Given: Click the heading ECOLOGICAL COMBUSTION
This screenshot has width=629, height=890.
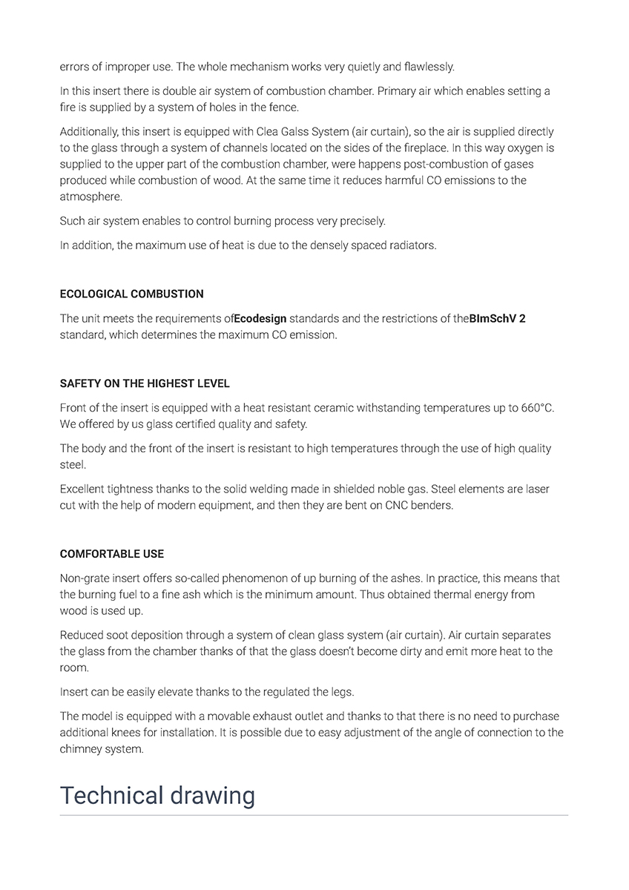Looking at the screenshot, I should point(131,294).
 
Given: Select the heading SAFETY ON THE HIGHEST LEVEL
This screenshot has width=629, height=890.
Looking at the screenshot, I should point(145,383).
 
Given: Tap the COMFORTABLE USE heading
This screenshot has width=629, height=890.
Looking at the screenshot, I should point(112,554).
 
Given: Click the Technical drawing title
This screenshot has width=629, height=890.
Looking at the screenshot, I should point(157,795).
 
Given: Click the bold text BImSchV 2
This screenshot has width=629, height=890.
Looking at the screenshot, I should point(498,318).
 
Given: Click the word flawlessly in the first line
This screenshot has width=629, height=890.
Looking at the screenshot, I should point(429,67).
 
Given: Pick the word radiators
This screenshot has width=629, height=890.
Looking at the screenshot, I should point(412,245).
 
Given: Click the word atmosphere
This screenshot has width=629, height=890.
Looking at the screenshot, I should point(90,197).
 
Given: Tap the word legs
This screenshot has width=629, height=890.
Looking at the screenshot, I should point(341,692).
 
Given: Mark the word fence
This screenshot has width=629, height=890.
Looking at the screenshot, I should point(284,108).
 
